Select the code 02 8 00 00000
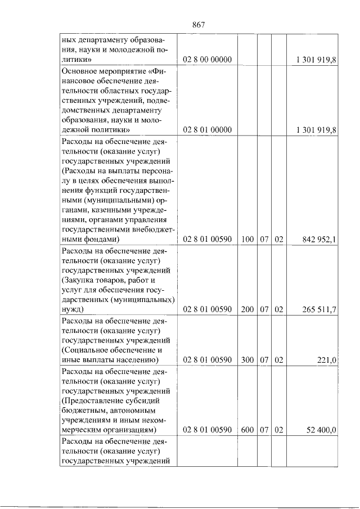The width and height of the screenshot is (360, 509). (208, 60)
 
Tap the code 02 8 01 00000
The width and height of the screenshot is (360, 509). (208, 130)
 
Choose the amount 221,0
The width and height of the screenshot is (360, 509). (326, 360)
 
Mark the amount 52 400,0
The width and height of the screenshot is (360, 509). (322, 430)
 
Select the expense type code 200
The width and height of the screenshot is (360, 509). (247, 310)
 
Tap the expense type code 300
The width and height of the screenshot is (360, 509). (247, 360)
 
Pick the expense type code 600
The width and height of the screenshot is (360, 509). (247, 430)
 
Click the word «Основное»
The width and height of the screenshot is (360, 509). (80, 73)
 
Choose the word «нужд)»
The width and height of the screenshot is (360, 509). (72, 310)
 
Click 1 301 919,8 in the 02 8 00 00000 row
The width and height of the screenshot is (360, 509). (316, 60)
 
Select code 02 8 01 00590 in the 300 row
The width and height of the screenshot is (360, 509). (208, 360)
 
